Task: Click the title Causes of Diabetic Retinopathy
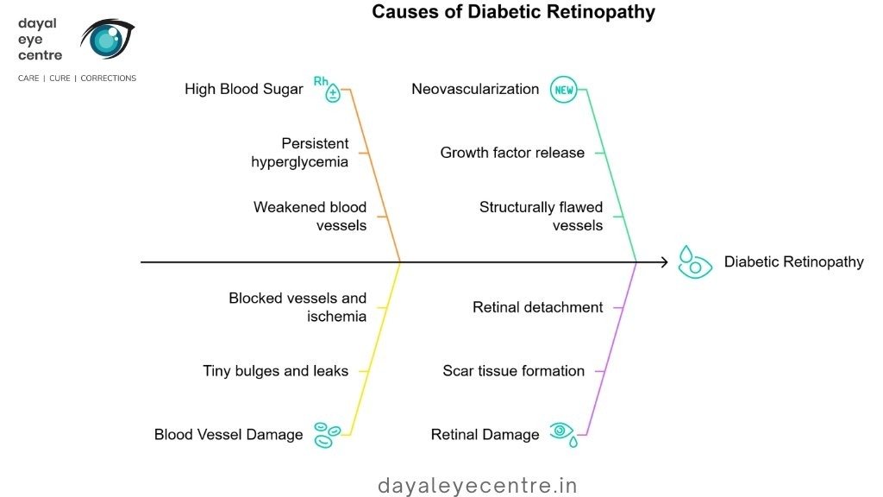coord(513,13)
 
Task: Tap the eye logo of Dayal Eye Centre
coord(107,39)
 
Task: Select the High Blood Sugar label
coord(243,90)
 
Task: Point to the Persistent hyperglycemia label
coord(300,152)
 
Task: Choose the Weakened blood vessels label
coord(310,216)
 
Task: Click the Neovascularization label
coord(475,90)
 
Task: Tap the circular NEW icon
coord(563,90)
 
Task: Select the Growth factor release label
coord(512,153)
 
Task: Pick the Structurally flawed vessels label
coord(541,216)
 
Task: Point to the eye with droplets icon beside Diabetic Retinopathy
coord(694,261)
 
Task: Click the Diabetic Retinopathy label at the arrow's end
coord(793,261)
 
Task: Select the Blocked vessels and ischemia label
coord(297,307)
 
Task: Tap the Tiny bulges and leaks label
coord(276,371)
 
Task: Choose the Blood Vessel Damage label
coord(229,435)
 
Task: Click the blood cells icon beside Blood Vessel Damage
coord(327,434)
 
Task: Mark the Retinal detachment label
coord(537,307)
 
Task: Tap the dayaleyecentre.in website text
coord(478,486)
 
